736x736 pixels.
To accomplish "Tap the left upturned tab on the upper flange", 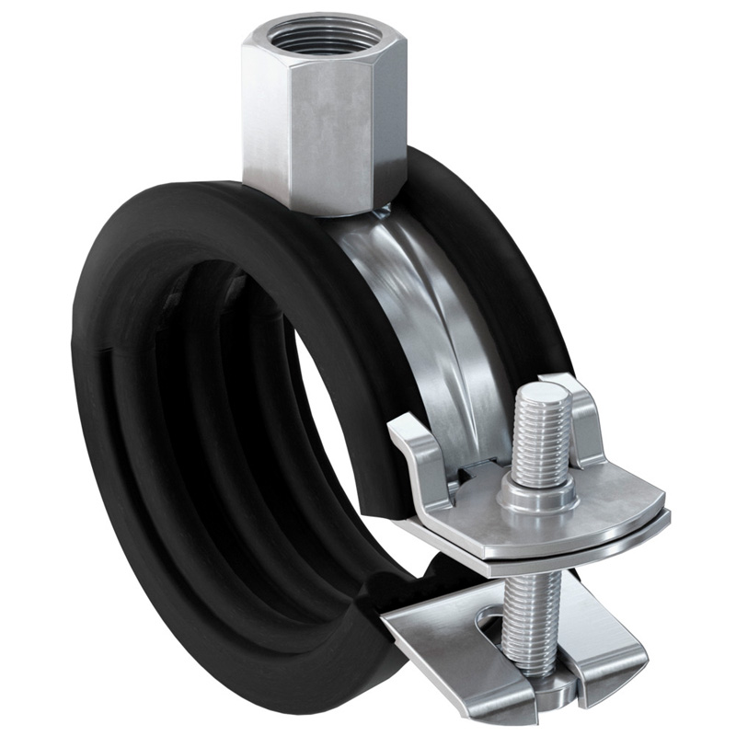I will (415, 442).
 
